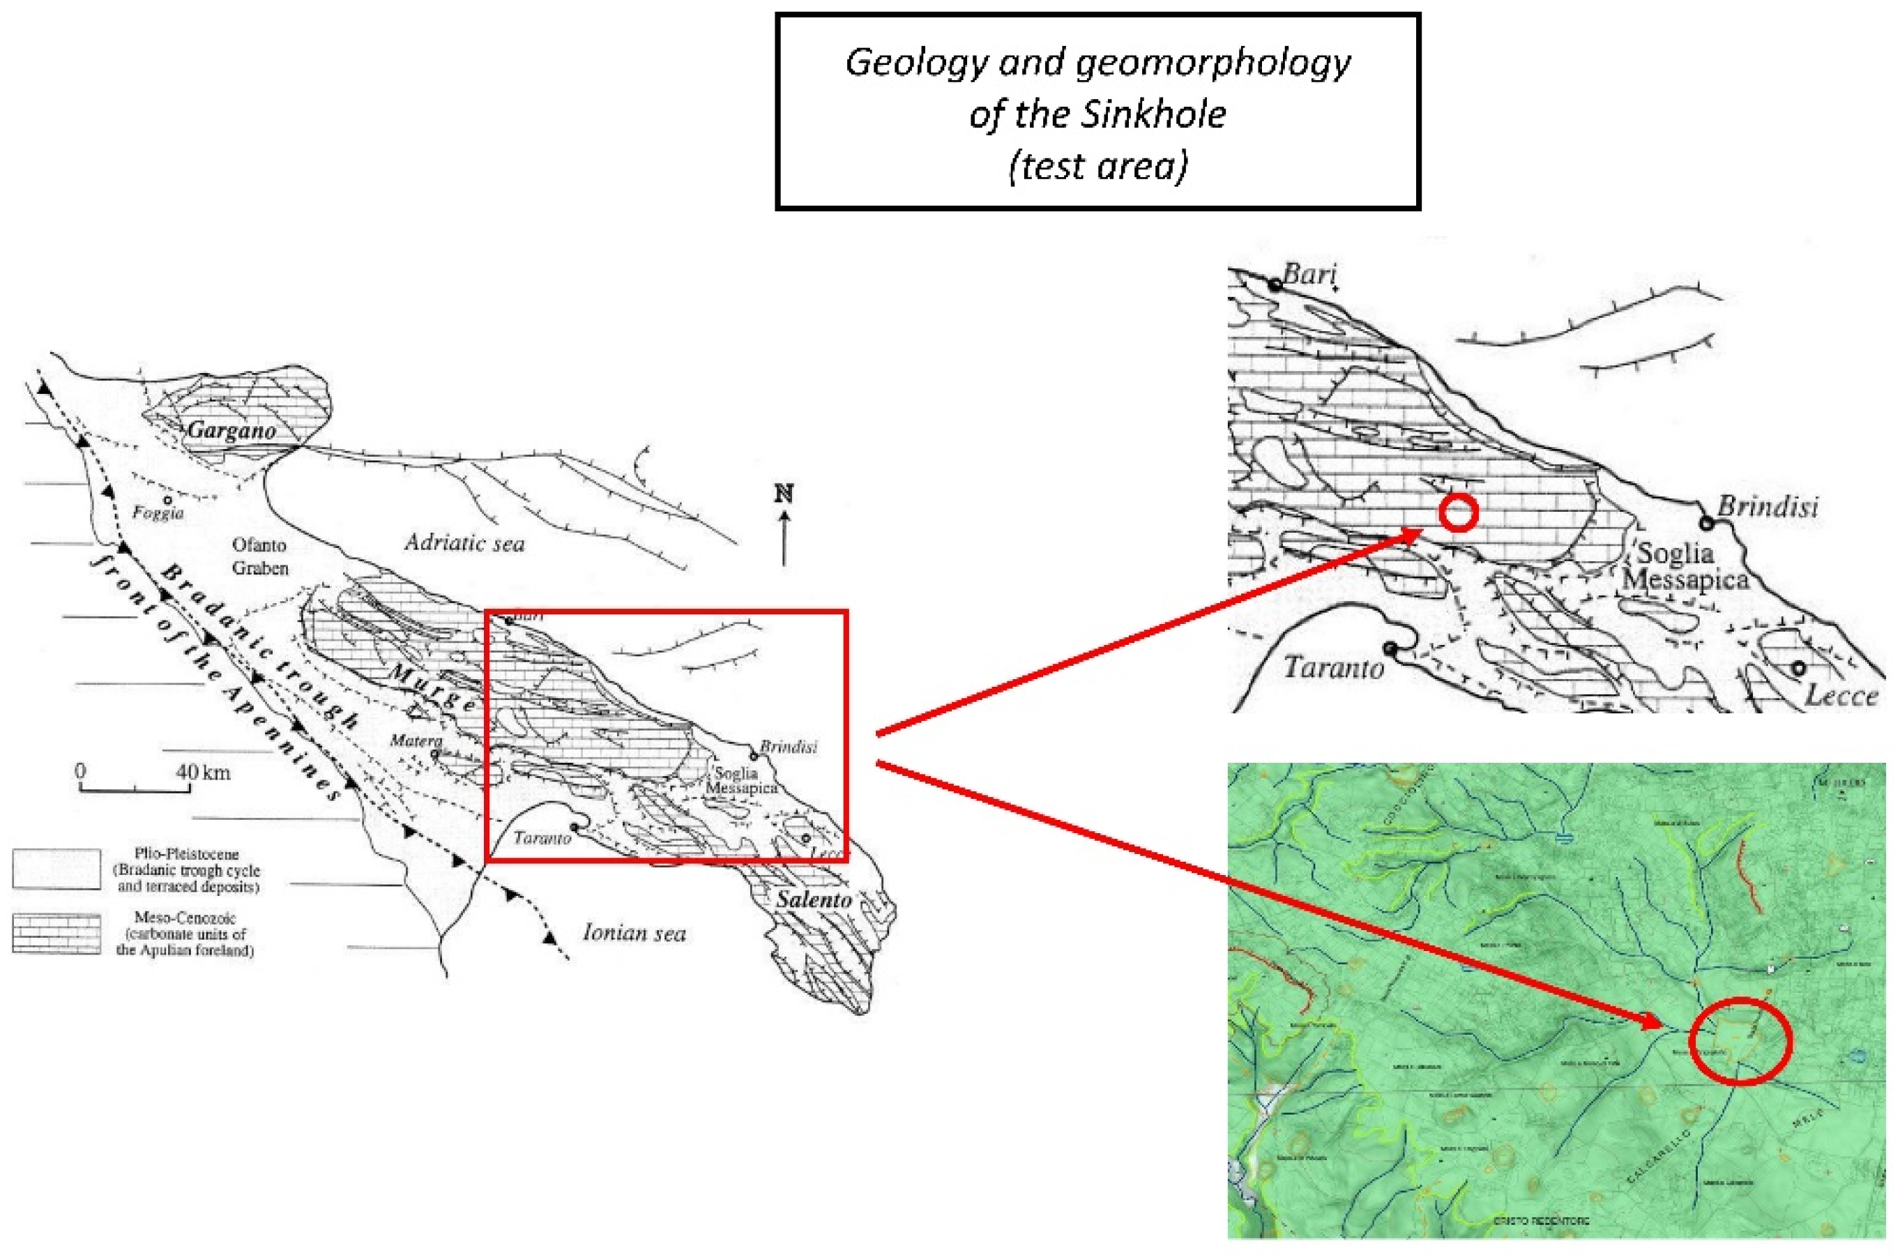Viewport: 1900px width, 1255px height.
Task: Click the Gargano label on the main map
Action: (231, 431)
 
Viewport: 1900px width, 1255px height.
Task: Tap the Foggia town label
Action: (158, 513)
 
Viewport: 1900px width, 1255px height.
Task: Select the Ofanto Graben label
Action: (260, 556)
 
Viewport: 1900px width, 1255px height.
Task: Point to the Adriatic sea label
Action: (464, 543)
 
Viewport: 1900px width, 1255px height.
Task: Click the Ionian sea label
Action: (634, 932)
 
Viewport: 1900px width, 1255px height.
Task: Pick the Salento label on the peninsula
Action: (814, 899)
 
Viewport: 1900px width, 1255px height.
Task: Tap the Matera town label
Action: (416, 741)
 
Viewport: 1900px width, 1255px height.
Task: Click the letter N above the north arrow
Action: (784, 494)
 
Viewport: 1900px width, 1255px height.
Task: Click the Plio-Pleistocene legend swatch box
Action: (56, 869)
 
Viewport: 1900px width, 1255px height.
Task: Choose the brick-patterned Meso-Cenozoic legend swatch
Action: (56, 934)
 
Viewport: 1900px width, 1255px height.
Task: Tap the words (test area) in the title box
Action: (1098, 167)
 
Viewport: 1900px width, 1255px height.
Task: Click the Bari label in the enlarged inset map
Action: (1309, 275)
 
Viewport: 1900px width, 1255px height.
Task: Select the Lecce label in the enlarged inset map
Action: (1841, 696)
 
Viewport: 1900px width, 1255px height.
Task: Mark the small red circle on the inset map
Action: (1457, 512)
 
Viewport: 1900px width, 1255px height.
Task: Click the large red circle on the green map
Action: (1739, 1041)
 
